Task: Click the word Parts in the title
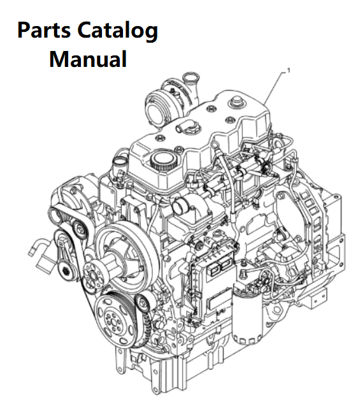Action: coord(44,30)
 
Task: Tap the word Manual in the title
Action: coord(88,59)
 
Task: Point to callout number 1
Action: coord(289,71)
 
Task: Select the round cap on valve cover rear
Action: coord(235,103)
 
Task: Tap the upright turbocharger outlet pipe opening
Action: coord(191,78)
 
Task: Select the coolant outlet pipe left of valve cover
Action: coord(120,166)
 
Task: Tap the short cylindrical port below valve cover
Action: coord(180,208)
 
